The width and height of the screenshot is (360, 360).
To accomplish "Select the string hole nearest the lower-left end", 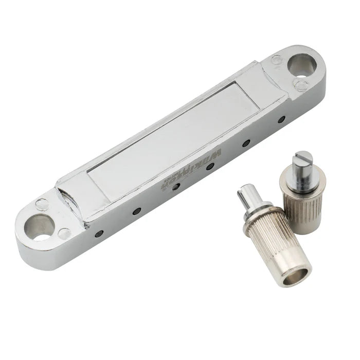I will click(99, 233).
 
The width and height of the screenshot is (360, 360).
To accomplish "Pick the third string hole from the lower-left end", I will click(176, 187).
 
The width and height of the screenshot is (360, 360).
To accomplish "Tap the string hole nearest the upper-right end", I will click(281, 120).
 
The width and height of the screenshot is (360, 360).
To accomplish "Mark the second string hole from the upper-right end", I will click(247, 142).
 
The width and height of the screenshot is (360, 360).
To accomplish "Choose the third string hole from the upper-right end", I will click(210, 166).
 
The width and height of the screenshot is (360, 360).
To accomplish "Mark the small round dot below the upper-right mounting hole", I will click(300, 84).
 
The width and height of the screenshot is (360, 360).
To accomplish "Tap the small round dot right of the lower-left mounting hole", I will click(64, 233).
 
